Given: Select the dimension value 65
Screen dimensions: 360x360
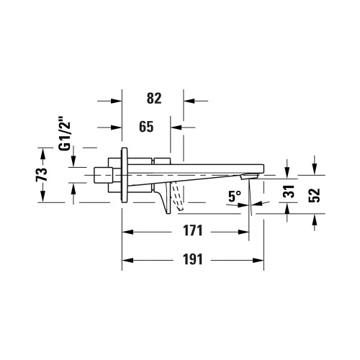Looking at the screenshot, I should (146, 127).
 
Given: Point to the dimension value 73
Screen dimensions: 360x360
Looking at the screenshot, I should (42, 174).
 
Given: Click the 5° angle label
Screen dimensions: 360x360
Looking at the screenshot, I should (234, 195).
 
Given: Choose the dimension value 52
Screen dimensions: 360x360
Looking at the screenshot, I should (315, 195).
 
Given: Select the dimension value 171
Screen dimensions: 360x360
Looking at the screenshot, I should (189, 231).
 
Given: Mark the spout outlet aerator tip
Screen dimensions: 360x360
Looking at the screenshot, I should (249, 176).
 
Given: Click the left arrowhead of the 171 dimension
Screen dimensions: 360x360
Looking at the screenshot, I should (127, 231).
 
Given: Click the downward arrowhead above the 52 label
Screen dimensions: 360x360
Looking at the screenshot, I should (315, 170).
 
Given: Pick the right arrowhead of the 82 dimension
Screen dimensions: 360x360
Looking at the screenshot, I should (189, 101).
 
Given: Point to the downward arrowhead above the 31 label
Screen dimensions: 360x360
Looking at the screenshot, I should (287, 170).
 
